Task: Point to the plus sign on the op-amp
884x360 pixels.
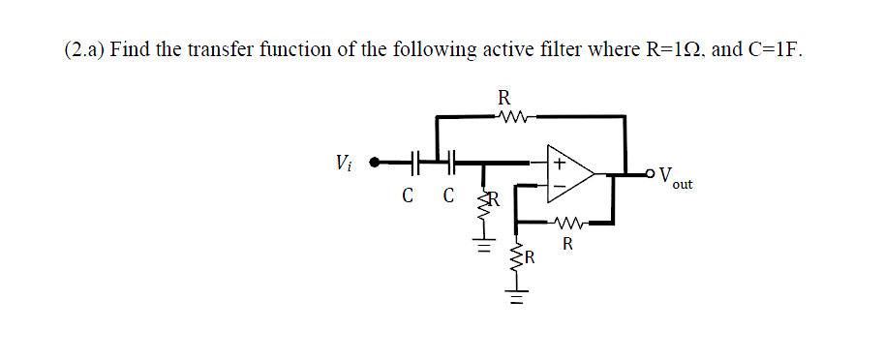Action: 560,161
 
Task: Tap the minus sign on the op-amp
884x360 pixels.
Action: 559,184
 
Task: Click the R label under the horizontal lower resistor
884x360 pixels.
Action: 568,244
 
